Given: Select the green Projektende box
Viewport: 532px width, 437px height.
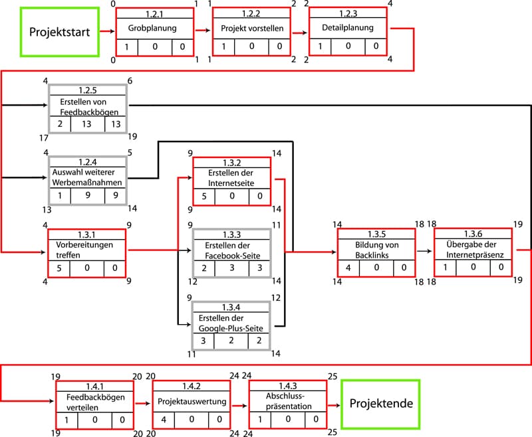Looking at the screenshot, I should tap(381, 404).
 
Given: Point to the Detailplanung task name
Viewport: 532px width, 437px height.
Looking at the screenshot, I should tap(348, 29).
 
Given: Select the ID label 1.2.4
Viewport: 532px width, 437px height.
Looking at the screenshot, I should tap(87, 161).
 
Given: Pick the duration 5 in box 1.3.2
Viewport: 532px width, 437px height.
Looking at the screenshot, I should tap(205, 196).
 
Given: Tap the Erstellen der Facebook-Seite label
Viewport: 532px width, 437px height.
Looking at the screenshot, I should tap(231, 250).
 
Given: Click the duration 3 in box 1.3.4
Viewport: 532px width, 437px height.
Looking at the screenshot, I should tap(204, 340).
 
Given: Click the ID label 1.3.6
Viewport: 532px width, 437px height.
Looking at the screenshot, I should tap(473, 233).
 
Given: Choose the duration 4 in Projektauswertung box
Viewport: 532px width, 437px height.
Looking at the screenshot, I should tap(164, 420).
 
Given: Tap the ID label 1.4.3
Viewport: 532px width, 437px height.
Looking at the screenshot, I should tap(288, 385).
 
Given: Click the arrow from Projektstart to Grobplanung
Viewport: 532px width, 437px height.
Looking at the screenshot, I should tap(107, 31).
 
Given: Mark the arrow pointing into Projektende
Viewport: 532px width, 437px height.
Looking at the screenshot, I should tap(334, 404).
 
